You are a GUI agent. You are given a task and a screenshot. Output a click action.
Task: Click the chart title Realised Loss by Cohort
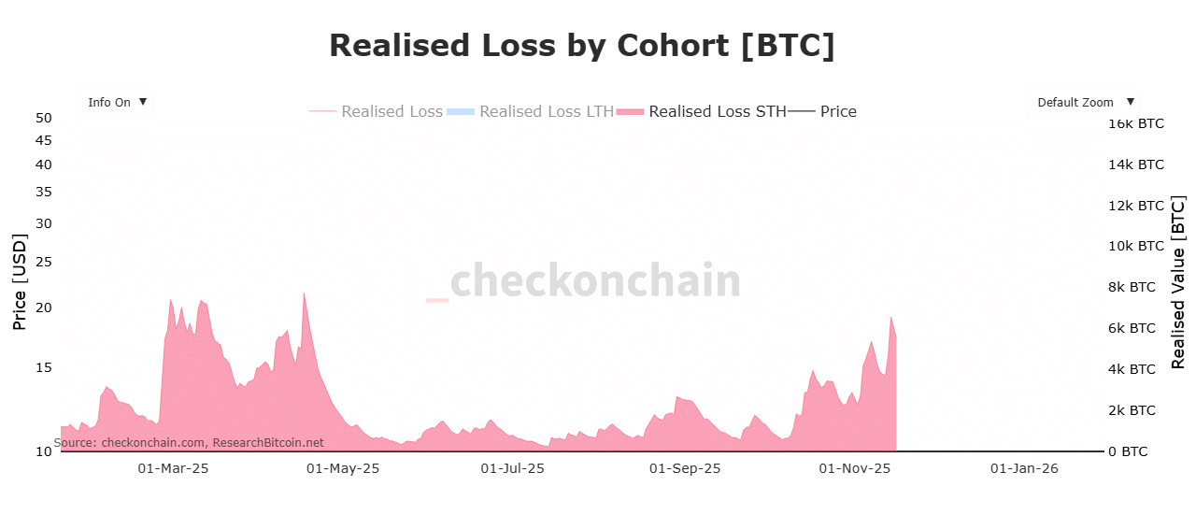click(581, 46)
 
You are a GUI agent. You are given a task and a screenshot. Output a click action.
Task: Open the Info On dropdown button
click(115, 103)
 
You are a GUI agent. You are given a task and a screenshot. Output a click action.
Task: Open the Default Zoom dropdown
click(1083, 103)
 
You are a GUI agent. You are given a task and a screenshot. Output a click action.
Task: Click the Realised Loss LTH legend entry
click(546, 111)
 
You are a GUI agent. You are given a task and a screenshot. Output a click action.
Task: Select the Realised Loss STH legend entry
click(716, 111)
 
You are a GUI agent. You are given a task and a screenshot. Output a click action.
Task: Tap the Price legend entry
click(837, 111)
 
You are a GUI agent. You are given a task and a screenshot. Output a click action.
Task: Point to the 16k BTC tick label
click(1136, 123)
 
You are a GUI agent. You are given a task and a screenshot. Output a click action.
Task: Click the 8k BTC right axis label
click(1132, 287)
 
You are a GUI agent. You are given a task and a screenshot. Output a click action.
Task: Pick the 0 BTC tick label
click(1128, 451)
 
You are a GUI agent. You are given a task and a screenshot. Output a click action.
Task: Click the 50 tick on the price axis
click(43, 118)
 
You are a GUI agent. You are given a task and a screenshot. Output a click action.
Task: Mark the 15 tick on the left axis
click(43, 367)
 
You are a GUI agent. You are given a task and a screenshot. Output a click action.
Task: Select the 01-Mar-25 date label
click(173, 468)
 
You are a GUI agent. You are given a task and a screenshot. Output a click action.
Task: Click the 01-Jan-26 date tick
click(1024, 468)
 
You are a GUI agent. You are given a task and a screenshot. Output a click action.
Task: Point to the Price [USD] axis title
click(19, 281)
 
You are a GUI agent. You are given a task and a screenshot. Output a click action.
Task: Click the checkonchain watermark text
click(594, 280)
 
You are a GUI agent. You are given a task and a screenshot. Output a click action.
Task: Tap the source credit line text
click(189, 442)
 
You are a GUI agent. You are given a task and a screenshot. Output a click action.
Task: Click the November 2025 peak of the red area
click(891, 318)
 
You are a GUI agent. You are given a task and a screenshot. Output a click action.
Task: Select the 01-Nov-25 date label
click(855, 468)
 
